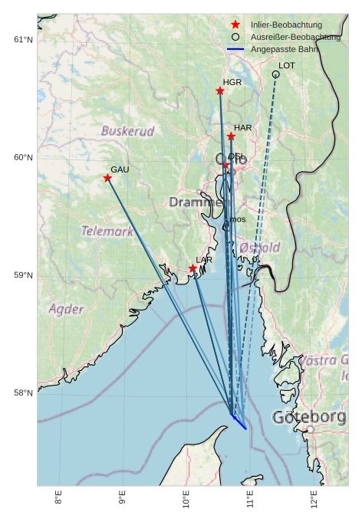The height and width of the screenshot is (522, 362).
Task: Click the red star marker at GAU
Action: point(107,178)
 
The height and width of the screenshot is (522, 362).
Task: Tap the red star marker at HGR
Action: point(220,91)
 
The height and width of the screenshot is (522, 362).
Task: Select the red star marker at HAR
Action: point(231,136)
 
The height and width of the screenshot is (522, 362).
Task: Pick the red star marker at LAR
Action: point(193,268)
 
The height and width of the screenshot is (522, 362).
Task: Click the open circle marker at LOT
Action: point(275,74)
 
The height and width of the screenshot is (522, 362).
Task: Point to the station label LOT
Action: point(287,66)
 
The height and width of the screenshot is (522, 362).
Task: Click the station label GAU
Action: point(120,169)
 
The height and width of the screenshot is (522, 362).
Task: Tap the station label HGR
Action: point(232,82)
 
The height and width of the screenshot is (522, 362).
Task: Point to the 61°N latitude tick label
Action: point(24,40)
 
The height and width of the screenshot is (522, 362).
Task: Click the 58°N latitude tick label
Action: point(24,393)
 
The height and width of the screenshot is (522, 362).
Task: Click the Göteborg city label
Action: point(309,418)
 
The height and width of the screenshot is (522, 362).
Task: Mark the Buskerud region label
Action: point(127,131)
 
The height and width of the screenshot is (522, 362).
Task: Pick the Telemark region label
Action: point(107,231)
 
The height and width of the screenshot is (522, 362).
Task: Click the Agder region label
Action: point(66,310)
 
